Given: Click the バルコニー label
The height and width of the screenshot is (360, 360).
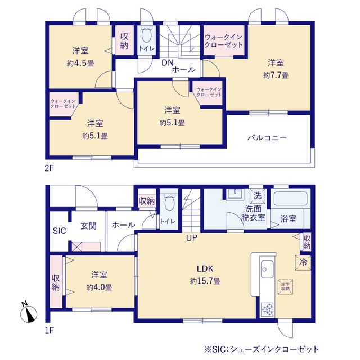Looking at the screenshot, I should pos(268,138).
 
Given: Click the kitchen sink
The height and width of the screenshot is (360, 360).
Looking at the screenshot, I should pos(267,269).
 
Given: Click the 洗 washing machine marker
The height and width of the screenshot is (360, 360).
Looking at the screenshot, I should pos(257,196).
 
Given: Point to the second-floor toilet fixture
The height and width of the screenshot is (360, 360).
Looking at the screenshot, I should pos(147,37).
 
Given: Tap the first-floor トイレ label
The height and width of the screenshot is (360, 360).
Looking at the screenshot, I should pos(168,221).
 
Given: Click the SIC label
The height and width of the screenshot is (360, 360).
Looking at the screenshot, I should pos(60,231).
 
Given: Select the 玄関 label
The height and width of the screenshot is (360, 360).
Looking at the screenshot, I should pos(88,226).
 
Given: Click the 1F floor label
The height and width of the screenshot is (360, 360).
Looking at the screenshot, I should pos(49,330).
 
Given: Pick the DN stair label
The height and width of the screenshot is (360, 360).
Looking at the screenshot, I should pos(167,62).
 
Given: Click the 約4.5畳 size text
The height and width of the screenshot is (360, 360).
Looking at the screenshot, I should pos(80,63).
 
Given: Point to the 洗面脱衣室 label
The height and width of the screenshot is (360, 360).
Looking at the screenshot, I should pos(253,212).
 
